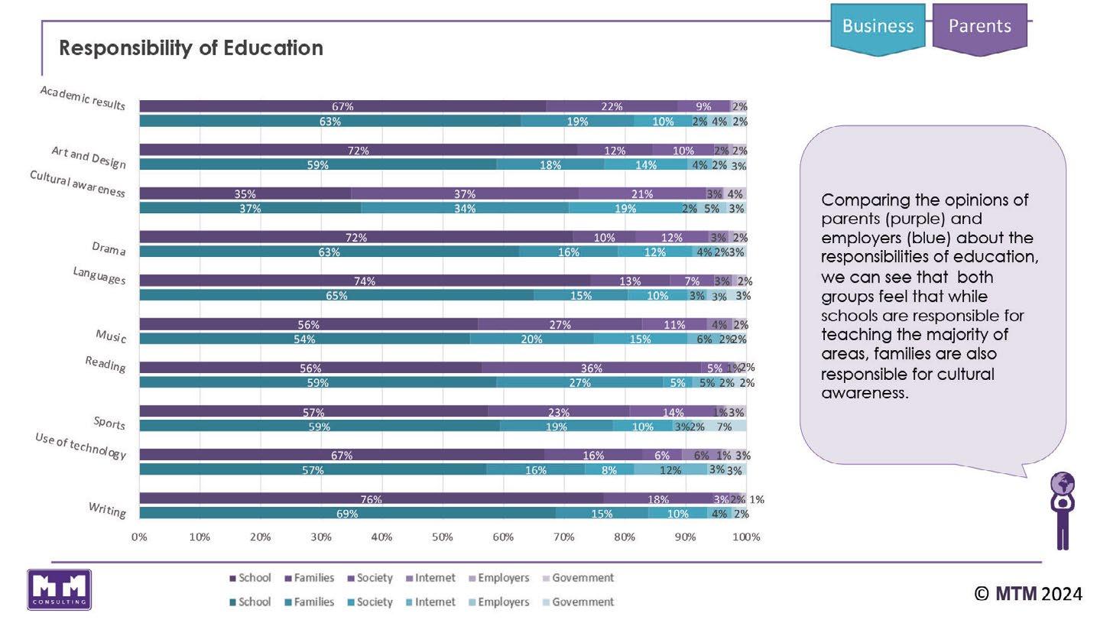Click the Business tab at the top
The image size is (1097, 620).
(x=878, y=26)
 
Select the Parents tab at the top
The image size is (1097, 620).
(x=979, y=26)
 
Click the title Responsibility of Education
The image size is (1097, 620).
(x=191, y=48)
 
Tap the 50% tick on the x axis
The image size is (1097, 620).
(x=443, y=537)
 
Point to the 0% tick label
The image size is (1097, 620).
(x=139, y=537)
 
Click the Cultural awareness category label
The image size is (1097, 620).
(x=77, y=183)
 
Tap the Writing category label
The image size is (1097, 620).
(x=107, y=508)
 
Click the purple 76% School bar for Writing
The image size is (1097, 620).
(x=371, y=499)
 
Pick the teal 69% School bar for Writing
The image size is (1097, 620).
(x=347, y=514)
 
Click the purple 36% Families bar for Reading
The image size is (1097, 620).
(x=591, y=368)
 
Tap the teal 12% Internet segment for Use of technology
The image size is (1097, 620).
(x=670, y=470)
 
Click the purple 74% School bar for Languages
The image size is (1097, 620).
(x=365, y=281)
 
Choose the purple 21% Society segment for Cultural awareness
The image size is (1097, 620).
(x=642, y=193)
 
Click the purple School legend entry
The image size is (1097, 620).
(x=250, y=578)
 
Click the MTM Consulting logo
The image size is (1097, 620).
(x=59, y=589)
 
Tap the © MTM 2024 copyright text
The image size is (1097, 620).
(x=1028, y=593)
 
